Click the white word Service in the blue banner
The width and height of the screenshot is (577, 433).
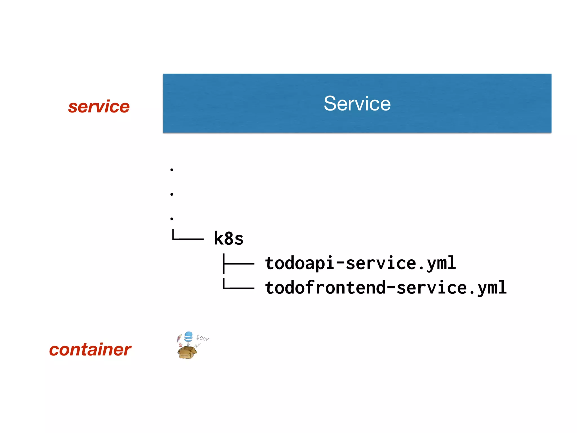point(357,103)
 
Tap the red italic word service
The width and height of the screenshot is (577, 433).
point(99,107)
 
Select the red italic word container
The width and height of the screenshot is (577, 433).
point(90,350)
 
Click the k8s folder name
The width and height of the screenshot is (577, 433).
point(228,238)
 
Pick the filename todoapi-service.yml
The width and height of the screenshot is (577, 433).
point(360,263)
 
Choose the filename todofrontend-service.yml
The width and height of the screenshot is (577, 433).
point(386,288)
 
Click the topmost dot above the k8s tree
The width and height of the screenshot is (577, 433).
point(172,170)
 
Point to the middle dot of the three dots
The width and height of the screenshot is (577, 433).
point(172,194)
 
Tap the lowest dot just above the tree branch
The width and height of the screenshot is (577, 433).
point(172,218)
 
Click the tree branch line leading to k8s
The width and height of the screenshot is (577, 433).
point(187,238)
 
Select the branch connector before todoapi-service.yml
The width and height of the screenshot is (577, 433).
point(239,264)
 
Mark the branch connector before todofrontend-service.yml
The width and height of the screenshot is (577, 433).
point(239,288)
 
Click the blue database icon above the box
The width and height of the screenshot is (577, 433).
point(188,337)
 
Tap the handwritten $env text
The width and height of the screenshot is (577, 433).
point(203,338)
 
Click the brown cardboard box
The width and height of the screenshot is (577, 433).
point(187,353)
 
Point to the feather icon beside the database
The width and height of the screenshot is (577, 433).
point(179,338)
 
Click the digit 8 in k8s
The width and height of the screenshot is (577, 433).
point(229,238)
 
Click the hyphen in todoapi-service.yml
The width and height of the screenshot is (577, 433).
point(340,263)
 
